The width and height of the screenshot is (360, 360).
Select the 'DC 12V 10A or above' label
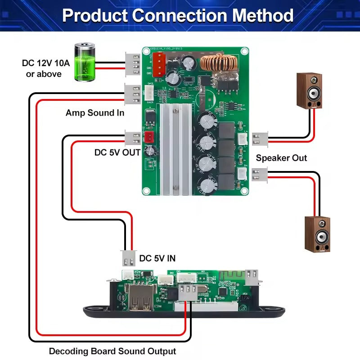(45, 68)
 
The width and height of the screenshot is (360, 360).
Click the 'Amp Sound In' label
(95, 113)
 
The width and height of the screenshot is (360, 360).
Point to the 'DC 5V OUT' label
(117, 153)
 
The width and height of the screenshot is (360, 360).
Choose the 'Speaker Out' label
(282, 158)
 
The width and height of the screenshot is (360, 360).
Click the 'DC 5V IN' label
(157, 258)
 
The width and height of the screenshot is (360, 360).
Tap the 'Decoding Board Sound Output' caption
(112, 351)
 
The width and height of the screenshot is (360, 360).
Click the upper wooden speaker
(309, 91)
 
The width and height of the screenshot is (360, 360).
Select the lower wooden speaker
(317, 234)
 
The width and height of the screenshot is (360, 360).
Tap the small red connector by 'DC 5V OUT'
(148, 138)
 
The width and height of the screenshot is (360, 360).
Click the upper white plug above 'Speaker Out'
(260, 139)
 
